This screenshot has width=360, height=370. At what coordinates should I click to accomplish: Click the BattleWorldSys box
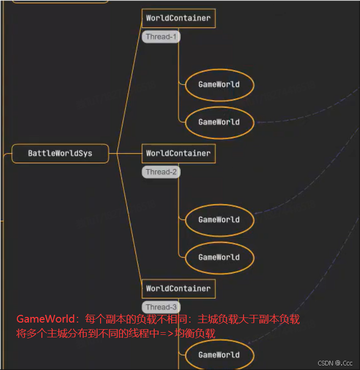[x=60, y=153]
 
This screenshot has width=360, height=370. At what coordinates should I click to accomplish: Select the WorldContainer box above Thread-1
[x=178, y=18]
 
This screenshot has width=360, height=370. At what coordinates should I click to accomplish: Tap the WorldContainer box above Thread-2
[x=178, y=153]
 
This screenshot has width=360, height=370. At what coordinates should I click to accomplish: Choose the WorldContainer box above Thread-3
[x=178, y=288]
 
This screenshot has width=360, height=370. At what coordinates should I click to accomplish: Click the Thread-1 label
[x=161, y=37]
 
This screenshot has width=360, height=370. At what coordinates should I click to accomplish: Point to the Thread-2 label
[x=161, y=172]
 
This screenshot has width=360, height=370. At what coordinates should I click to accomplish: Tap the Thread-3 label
[x=161, y=307]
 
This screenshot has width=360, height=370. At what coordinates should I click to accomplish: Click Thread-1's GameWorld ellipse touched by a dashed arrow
[x=219, y=122]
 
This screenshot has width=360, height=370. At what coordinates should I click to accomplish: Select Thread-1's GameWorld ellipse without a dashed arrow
[x=219, y=85]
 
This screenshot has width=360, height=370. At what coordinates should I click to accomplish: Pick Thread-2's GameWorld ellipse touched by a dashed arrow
[x=219, y=220]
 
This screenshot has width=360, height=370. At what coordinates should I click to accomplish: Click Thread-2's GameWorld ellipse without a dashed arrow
[x=219, y=257]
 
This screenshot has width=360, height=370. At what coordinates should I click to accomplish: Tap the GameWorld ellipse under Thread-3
[x=219, y=355]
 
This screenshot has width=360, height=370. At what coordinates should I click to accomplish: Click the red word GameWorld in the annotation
[x=45, y=319]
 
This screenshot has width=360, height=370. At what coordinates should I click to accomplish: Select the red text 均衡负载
[x=197, y=334]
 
